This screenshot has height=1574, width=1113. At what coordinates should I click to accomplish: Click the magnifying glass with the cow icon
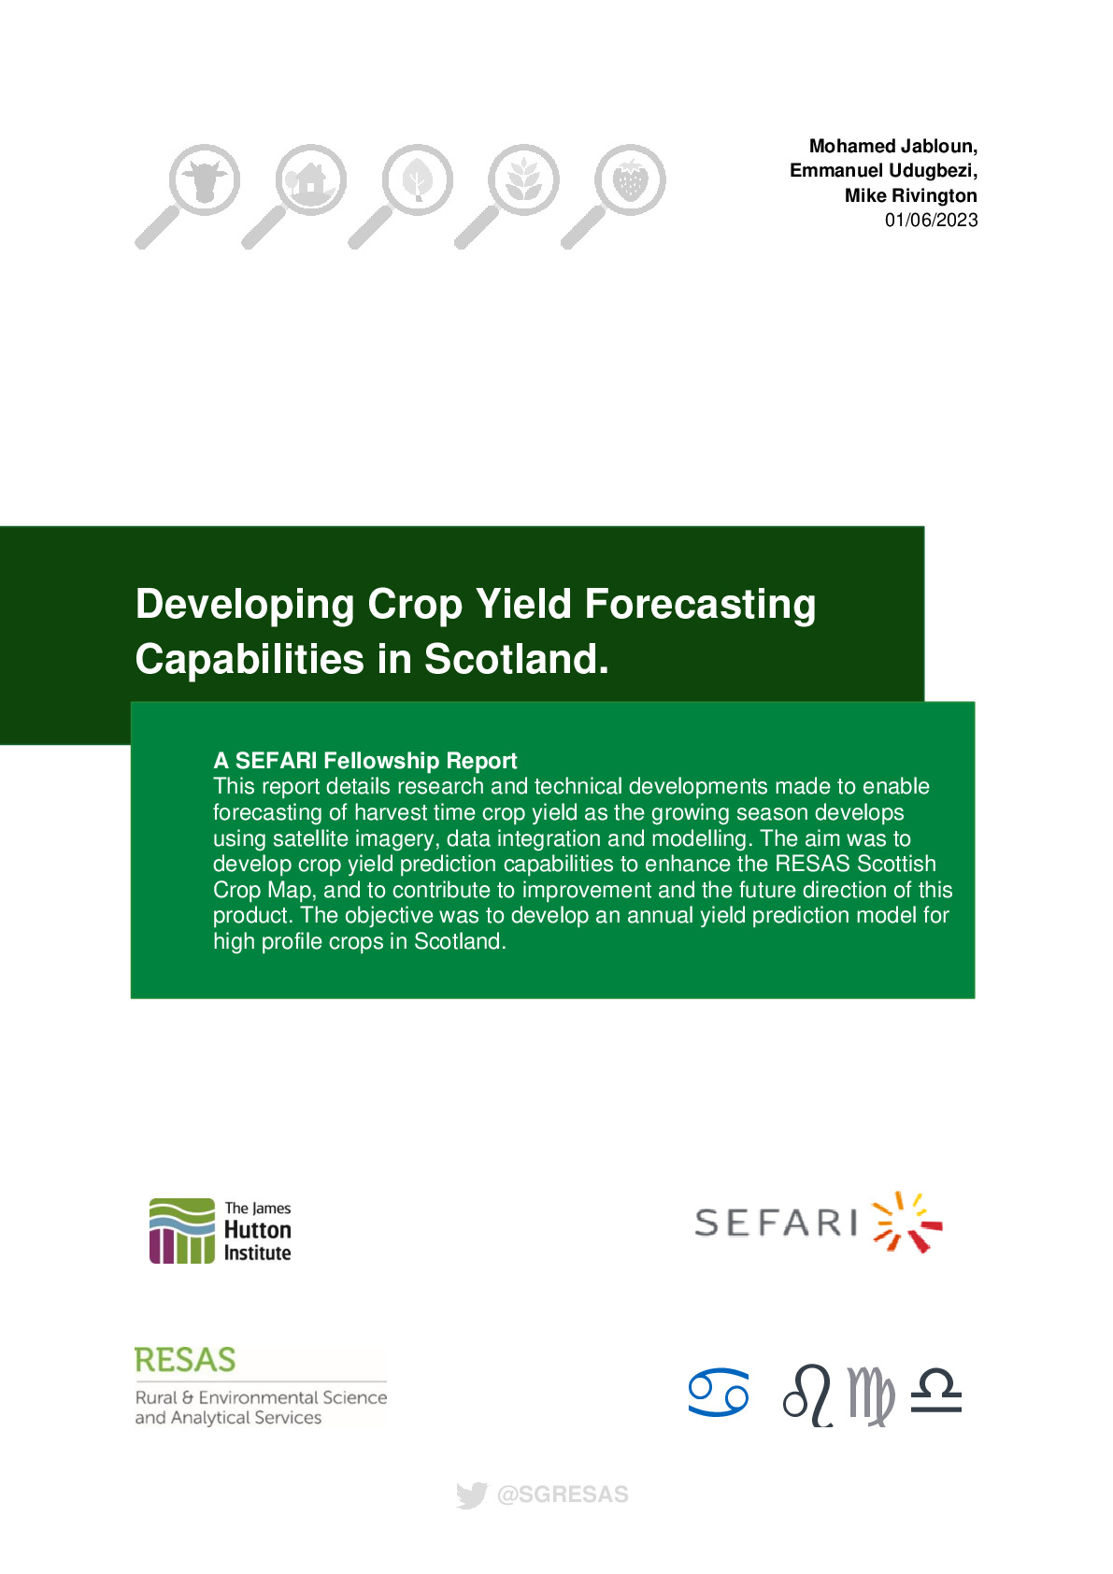(x=189, y=196)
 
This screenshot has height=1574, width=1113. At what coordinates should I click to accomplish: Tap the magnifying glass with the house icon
(x=294, y=196)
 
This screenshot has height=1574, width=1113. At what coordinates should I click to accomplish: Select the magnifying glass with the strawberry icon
(x=613, y=196)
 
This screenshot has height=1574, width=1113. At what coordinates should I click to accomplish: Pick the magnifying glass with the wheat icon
(x=507, y=196)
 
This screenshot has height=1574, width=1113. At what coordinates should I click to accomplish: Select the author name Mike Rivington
(x=910, y=195)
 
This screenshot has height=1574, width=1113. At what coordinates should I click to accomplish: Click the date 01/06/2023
(x=931, y=220)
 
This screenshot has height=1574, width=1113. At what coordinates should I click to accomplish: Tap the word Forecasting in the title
(x=700, y=606)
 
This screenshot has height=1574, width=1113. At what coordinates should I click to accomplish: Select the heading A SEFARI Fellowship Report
(x=364, y=760)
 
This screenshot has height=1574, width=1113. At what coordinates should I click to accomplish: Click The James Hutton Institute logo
(x=220, y=1230)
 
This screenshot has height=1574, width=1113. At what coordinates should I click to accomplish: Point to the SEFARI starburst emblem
(x=906, y=1222)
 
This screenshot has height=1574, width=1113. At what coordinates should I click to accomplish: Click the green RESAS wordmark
(x=185, y=1360)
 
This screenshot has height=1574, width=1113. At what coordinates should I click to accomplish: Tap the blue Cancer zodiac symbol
(x=718, y=1392)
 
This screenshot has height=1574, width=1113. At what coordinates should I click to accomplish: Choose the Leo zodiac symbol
(x=808, y=1395)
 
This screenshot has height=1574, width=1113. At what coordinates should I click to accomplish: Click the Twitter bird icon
(x=471, y=1495)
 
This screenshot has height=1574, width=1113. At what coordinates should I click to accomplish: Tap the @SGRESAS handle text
(x=563, y=1495)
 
